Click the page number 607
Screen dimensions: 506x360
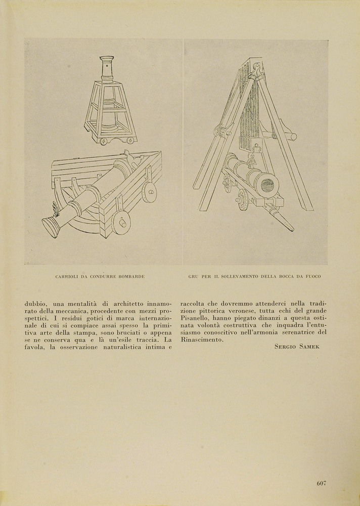pos(321,483)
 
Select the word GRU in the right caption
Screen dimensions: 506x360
pos(193,277)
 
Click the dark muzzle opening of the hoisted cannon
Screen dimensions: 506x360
pos(266,183)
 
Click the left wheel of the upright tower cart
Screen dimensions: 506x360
pos(104,141)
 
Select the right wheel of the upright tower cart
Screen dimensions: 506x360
pos(130,140)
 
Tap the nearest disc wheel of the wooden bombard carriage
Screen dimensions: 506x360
pos(121,223)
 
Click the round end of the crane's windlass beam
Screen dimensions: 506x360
pos(292,137)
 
